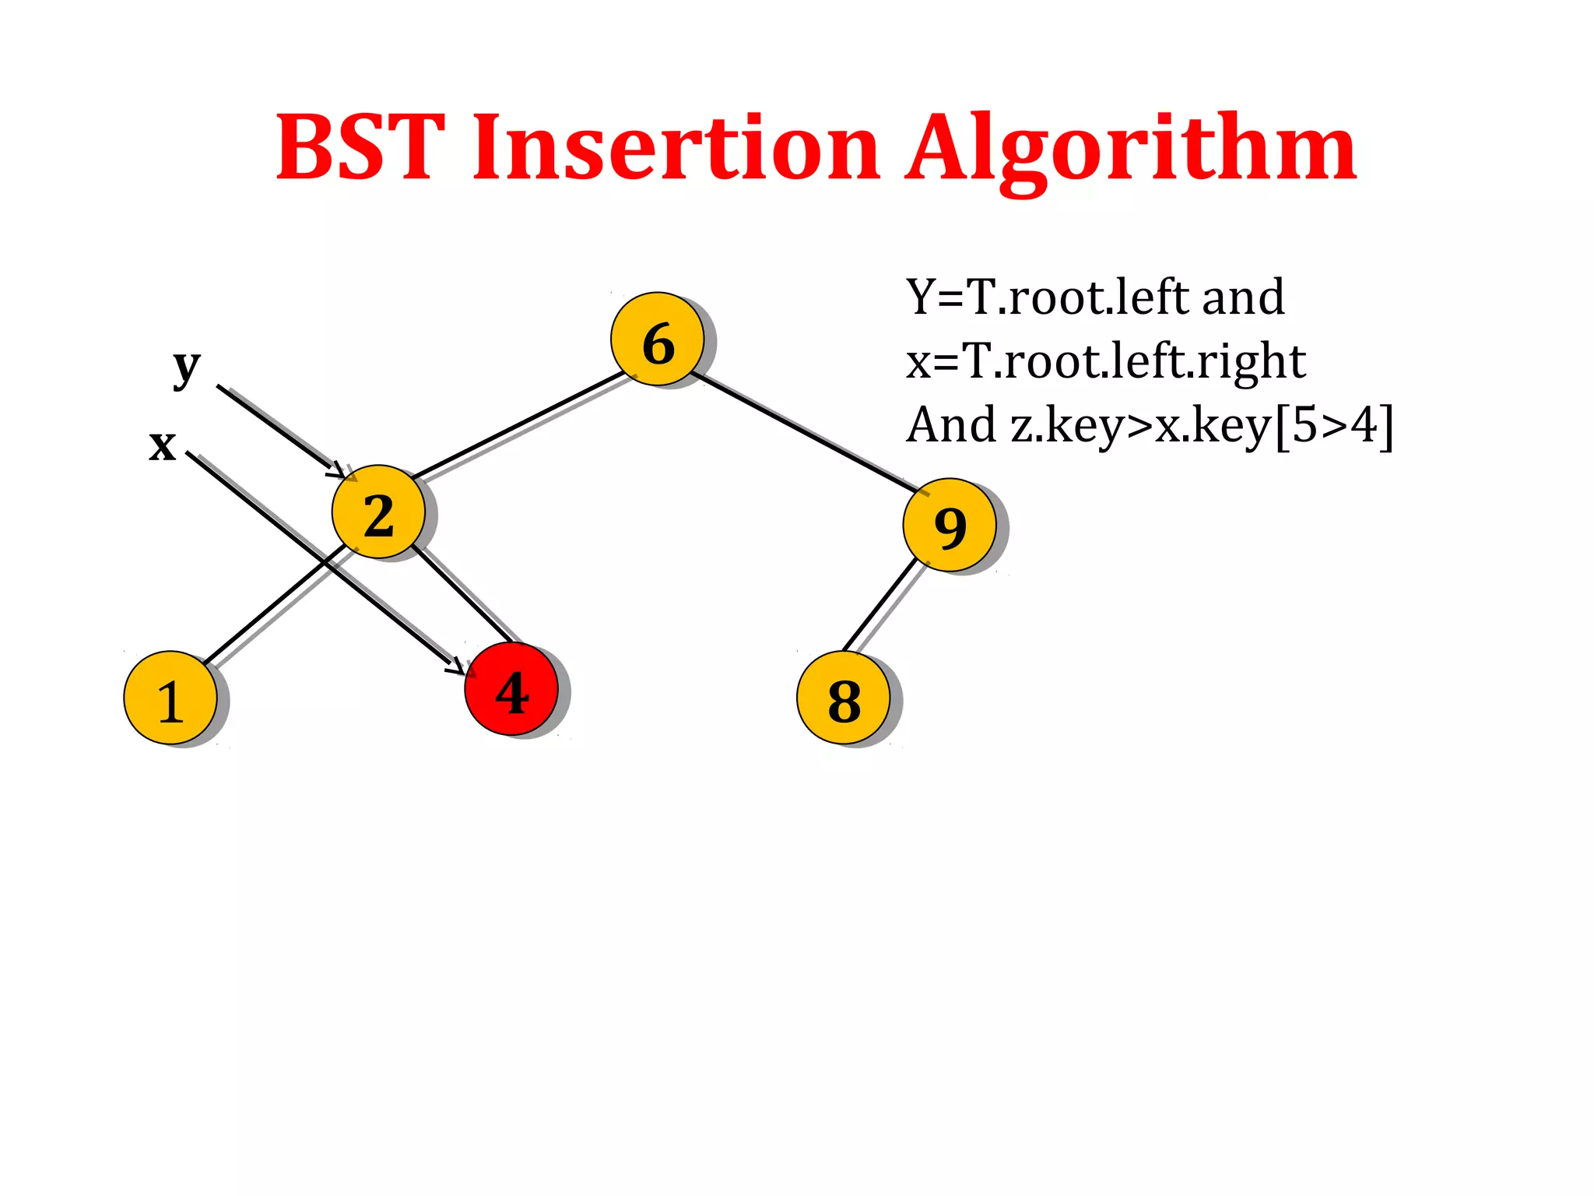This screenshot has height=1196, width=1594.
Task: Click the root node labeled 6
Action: (658, 339)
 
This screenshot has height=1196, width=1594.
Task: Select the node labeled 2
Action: (378, 512)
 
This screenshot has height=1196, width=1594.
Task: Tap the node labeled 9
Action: (950, 525)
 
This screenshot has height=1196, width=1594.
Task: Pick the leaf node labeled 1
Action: (170, 698)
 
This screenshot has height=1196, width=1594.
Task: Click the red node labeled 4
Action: (511, 689)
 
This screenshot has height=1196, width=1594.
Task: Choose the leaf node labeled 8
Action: (844, 698)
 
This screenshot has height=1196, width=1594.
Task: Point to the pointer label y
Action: (187, 366)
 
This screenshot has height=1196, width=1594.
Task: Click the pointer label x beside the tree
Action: (163, 445)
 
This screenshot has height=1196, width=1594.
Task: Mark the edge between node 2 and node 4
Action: (463, 594)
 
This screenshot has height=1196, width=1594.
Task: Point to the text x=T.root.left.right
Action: (1105, 361)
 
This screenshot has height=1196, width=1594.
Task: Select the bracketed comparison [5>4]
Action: (1334, 426)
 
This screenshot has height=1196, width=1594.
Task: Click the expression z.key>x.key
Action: (1140, 426)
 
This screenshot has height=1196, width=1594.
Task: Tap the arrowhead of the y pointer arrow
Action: (339, 472)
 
